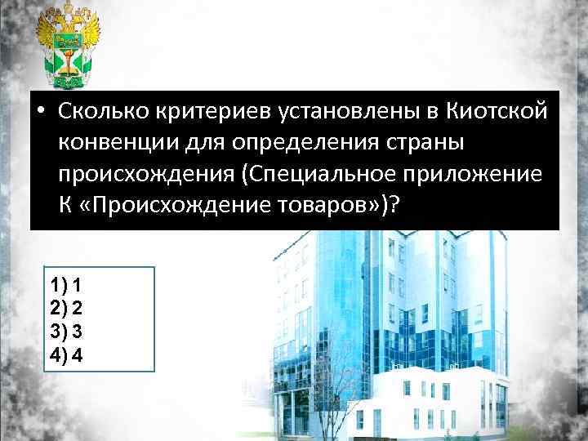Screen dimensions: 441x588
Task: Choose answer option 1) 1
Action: (65, 286)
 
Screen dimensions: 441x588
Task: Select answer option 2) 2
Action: (65, 309)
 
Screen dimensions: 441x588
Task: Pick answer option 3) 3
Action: (65, 332)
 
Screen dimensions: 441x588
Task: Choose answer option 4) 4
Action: (65, 354)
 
